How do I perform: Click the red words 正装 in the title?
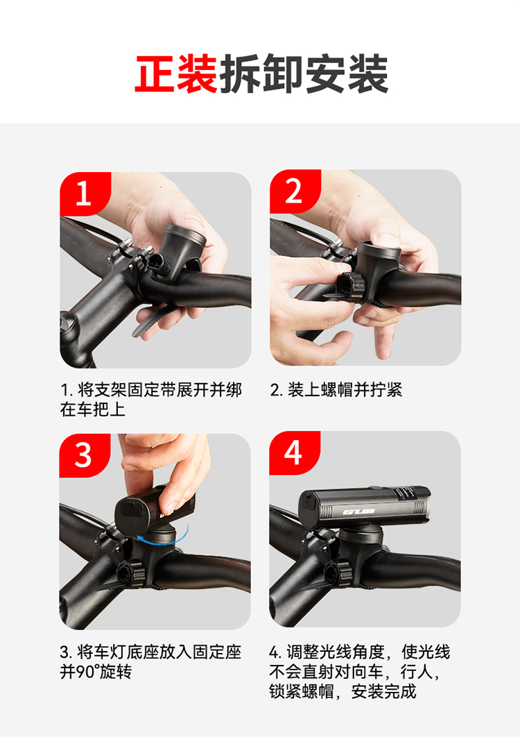click(176, 74)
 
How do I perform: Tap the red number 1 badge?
click(85, 194)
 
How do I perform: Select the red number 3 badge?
click(85, 455)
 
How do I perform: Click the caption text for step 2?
click(336, 389)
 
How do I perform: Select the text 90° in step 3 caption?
click(87, 672)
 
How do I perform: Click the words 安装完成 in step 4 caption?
click(384, 691)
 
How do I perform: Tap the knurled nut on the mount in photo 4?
click(338, 572)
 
